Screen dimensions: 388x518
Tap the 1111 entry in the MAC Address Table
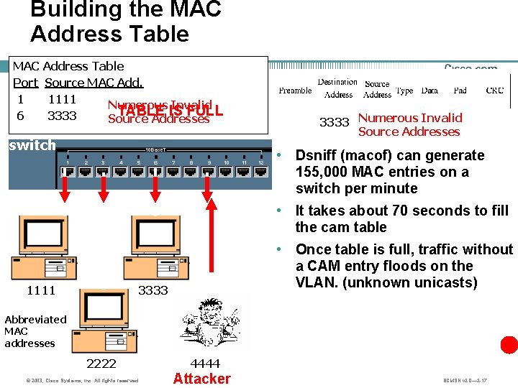pyautogui.click(x=62, y=99)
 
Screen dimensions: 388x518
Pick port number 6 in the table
pyautogui.click(x=20, y=116)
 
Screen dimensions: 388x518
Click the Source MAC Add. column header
pyautogui.click(x=94, y=83)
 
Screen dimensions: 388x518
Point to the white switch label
pyautogui.click(x=32, y=145)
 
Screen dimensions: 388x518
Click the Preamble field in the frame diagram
pyautogui.click(x=295, y=91)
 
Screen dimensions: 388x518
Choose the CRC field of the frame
pyautogui.click(x=495, y=91)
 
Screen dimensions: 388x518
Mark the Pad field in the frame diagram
pyautogui.click(x=460, y=91)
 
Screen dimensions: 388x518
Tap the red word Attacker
pyautogui.click(x=202, y=379)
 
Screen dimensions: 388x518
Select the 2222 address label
pyautogui.click(x=101, y=363)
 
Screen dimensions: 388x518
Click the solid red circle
pyautogui.click(x=509, y=345)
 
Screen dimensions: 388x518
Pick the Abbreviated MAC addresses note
pyautogui.click(x=35, y=331)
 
